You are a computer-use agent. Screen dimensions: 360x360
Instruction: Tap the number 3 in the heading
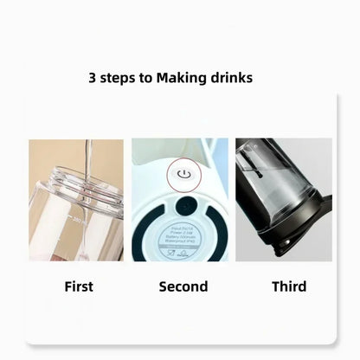(x=93, y=78)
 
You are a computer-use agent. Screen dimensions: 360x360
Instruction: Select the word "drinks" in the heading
(x=229, y=78)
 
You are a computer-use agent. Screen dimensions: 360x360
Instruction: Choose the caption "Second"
(x=183, y=286)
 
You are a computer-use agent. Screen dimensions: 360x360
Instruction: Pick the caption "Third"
(x=289, y=286)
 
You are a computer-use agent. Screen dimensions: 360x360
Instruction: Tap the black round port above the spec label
(x=183, y=206)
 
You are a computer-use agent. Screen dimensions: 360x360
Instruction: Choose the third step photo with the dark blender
(x=284, y=201)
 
